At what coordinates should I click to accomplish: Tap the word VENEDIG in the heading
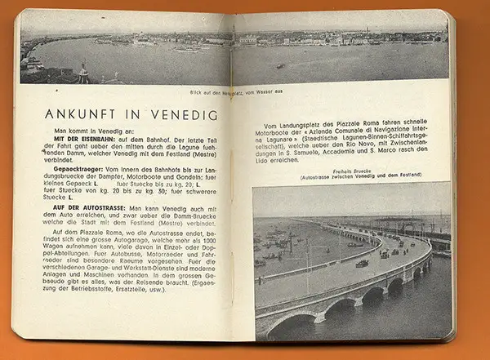pyautogui.click(x=184, y=115)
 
